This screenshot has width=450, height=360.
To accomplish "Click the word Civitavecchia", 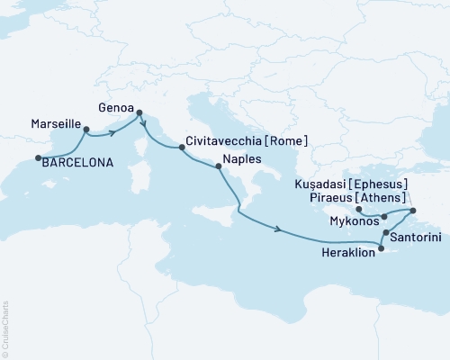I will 225,141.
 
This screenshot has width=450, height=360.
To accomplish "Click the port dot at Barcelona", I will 38,159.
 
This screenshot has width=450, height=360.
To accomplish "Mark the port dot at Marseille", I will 85,129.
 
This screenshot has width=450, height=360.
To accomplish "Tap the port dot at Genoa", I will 139,112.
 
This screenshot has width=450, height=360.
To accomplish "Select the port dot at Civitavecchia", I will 181,148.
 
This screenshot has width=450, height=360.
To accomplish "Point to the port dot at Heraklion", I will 382,248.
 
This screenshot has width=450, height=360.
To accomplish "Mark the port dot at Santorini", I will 386,234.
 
